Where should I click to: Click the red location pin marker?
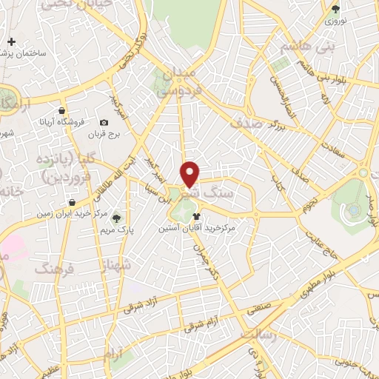coord(191,175)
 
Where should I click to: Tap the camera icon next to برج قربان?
coord(104,122)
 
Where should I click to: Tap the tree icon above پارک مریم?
coord(116,217)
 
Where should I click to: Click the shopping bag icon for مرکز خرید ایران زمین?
coord(71,202)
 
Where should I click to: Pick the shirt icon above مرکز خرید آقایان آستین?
coord(196,217)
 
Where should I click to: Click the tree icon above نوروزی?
coord(336,9)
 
